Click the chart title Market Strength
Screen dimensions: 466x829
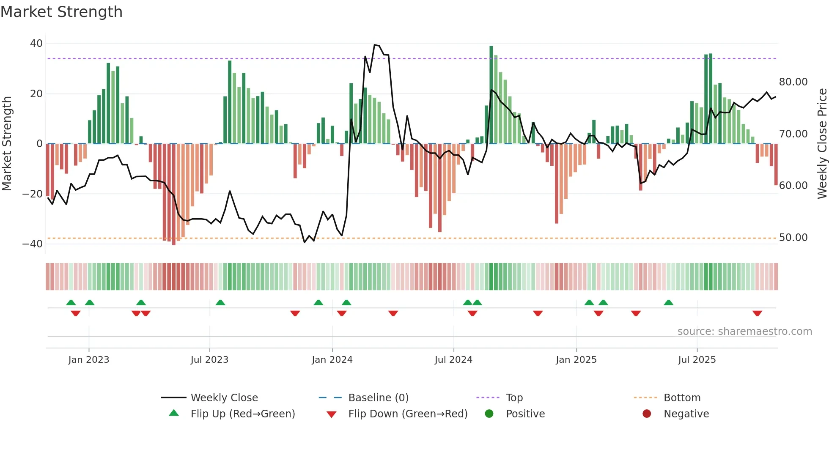61,12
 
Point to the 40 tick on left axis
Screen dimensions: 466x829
36,44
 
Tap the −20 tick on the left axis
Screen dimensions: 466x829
33,194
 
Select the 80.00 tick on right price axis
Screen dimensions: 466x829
793,82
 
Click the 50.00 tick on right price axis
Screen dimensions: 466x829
793,238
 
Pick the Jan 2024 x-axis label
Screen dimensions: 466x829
332,360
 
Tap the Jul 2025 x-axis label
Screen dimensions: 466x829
697,360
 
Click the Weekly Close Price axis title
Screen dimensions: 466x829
822,144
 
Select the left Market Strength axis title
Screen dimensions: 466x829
7,144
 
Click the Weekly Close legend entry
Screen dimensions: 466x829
224,398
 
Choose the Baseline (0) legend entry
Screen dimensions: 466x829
378,398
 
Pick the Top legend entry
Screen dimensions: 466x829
514,398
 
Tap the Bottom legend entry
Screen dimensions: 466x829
682,398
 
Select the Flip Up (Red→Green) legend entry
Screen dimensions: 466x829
242,414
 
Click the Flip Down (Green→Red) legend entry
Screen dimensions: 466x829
407,414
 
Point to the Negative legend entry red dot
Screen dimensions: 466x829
647,414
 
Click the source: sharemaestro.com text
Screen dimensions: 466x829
744,332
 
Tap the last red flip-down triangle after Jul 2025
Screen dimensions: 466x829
757,313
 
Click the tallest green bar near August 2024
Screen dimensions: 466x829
491,95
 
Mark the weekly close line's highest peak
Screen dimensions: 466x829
375,45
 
